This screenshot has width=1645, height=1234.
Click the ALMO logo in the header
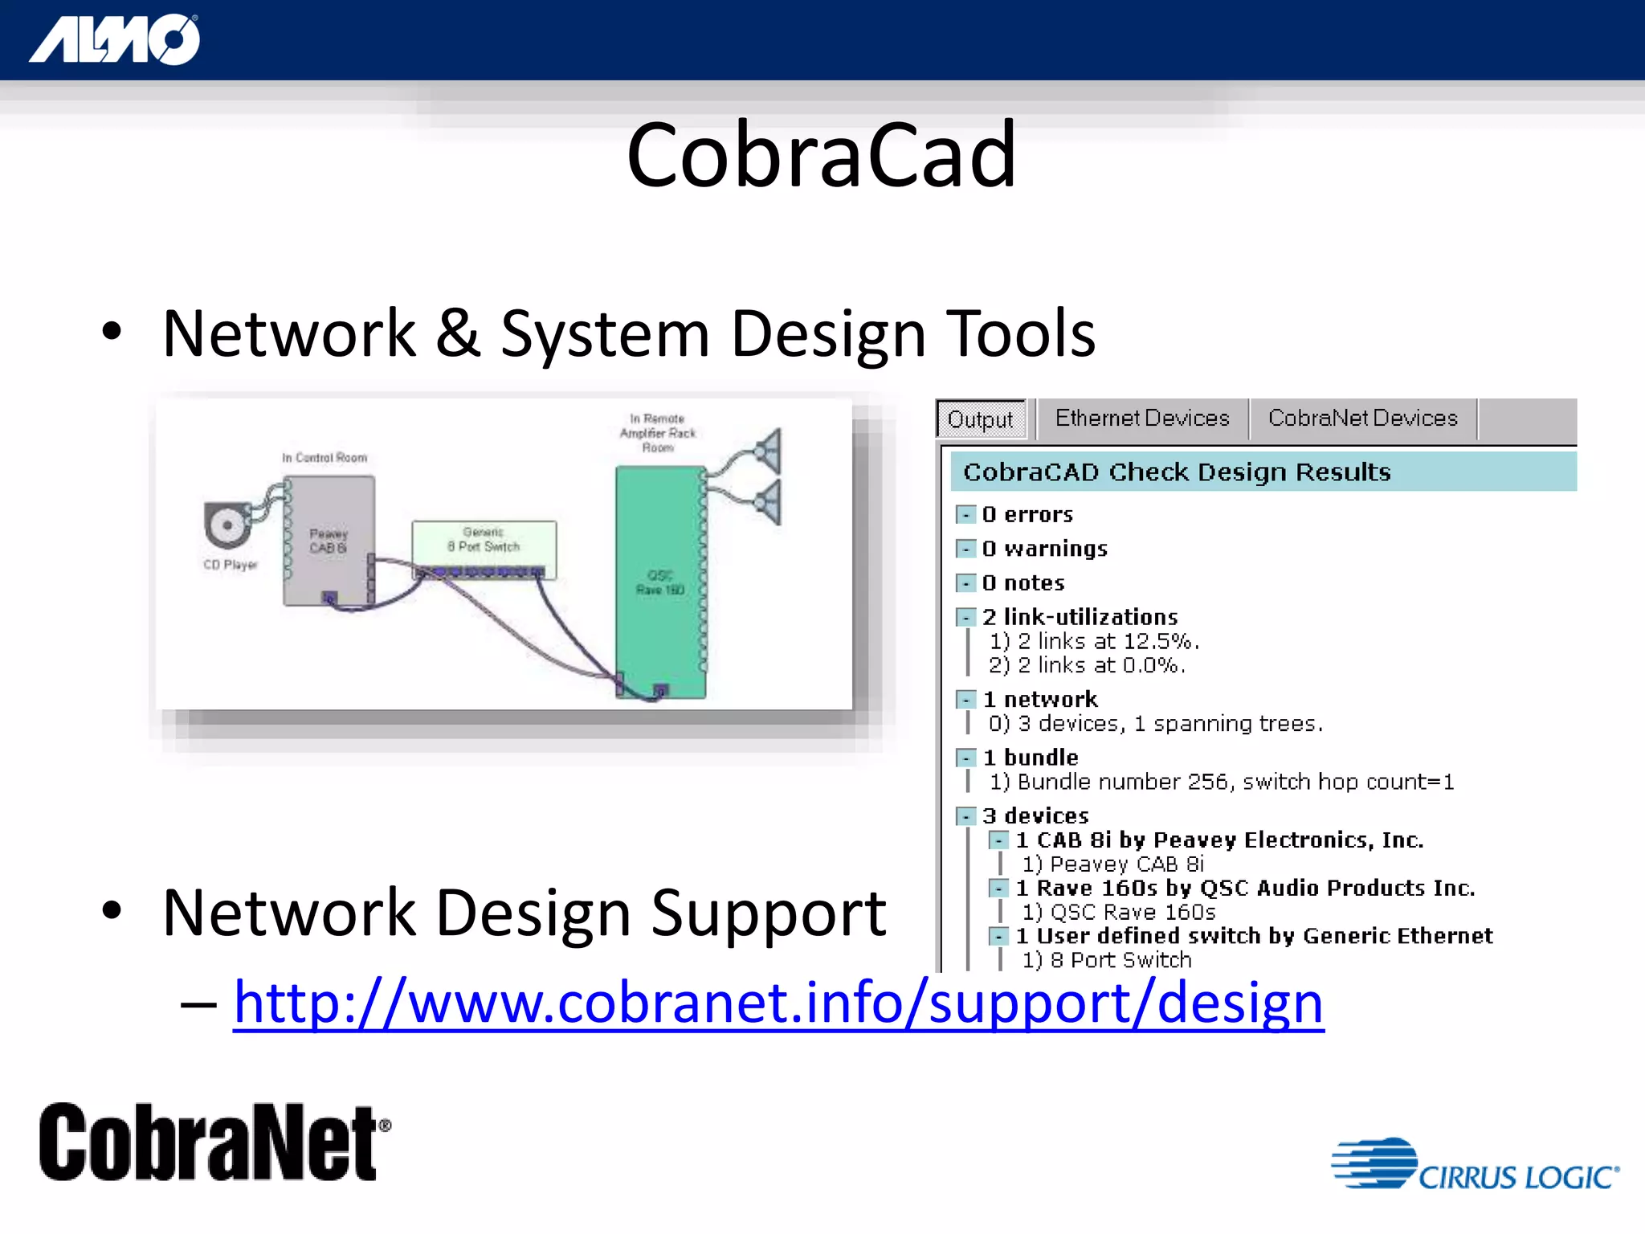[x=114, y=40]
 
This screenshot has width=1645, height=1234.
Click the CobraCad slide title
[x=821, y=155]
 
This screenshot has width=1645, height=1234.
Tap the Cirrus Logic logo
[x=1475, y=1165]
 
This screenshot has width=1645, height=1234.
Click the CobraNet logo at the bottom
[x=214, y=1142]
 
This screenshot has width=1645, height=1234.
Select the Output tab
[x=980, y=419]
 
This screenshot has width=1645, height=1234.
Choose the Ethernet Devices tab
[x=1141, y=419]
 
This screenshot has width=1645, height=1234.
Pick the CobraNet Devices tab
[x=1362, y=419]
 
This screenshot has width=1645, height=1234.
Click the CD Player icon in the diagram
[x=227, y=525]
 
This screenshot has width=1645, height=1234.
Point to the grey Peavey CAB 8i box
[x=328, y=540]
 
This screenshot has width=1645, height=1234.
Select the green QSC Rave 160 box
[x=659, y=582]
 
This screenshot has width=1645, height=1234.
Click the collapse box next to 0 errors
[x=965, y=515]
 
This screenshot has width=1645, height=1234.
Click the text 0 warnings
[x=1044, y=549]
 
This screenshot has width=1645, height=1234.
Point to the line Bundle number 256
[x=1221, y=782]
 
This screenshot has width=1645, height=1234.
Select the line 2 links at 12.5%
[x=1094, y=641]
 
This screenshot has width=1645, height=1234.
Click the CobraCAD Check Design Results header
[x=1177, y=472]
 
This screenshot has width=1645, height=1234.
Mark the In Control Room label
[x=325, y=458]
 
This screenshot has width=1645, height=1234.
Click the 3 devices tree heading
[x=1035, y=816]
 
